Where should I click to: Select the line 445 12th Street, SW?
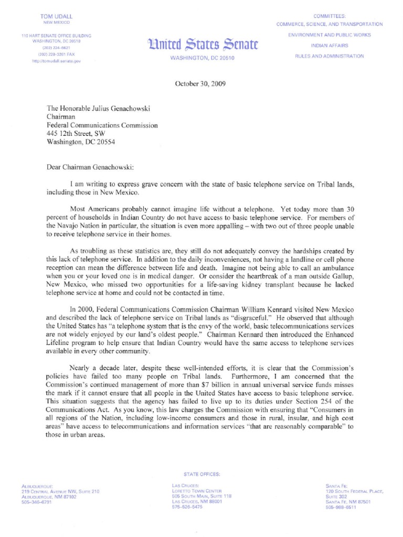click(x=79, y=134)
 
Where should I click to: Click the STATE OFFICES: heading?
click(x=202, y=474)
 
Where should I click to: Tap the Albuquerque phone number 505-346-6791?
click(x=37, y=502)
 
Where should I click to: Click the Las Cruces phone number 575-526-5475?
click(x=187, y=507)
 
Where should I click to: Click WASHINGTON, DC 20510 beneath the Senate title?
click(x=202, y=58)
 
